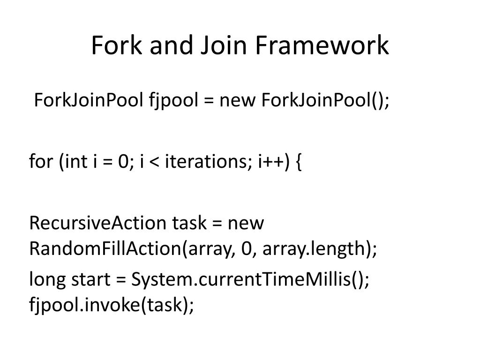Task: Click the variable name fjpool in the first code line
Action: pyautogui.click(x=173, y=101)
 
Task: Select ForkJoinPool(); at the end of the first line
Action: pyautogui.click(x=325, y=101)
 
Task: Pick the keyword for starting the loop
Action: pyautogui.click(x=41, y=162)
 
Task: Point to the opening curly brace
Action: pyautogui.click(x=299, y=162)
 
